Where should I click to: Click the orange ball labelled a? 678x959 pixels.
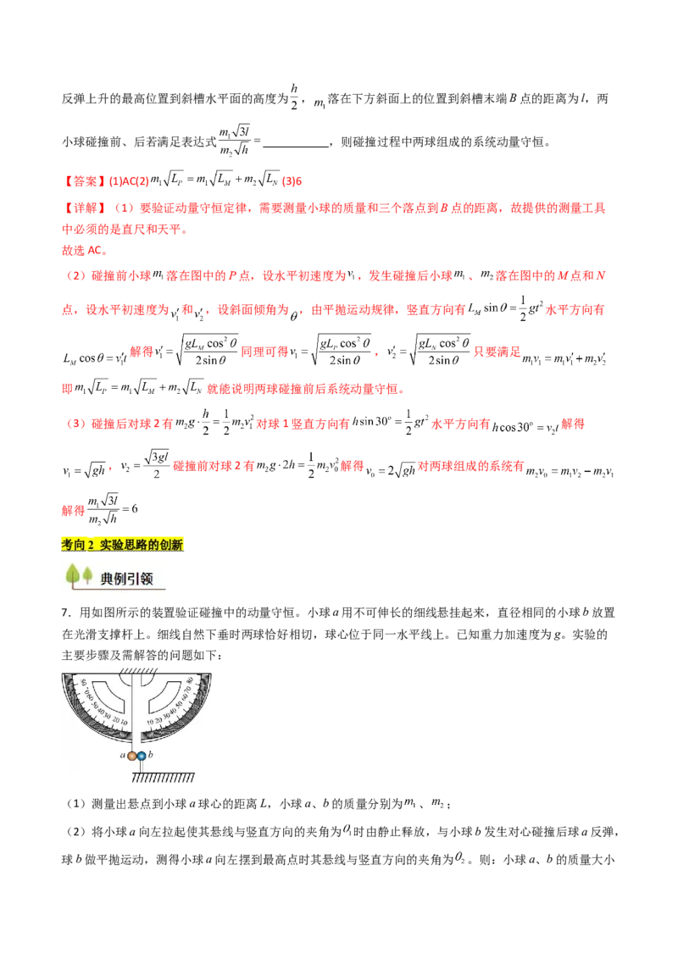coord(133,756)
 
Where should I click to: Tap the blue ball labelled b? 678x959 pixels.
coord(142,756)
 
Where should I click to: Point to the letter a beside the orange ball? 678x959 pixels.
coord(123,755)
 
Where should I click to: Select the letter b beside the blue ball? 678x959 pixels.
coord(151,755)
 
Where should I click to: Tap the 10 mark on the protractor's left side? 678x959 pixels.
coord(125,723)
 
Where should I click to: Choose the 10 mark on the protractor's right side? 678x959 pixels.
coord(151,723)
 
